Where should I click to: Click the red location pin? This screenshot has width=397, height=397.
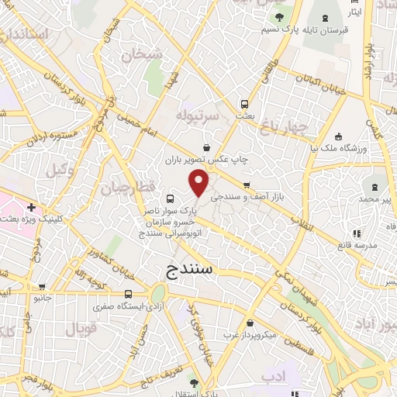pyautogui.click(x=199, y=183)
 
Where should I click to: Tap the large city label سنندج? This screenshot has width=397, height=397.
pyautogui.click(x=194, y=270)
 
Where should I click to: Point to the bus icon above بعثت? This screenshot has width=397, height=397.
pyautogui.click(x=245, y=103)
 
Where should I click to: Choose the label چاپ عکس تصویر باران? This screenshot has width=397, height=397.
pyautogui.click(x=205, y=160)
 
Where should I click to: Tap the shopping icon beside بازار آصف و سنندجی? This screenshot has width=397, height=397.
pyautogui.click(x=246, y=185)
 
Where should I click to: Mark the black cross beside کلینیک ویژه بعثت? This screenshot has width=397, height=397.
pyautogui.click(x=30, y=208)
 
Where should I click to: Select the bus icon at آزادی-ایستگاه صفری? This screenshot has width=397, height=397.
pyautogui.click(x=129, y=294)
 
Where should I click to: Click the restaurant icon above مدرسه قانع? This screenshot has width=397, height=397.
pyautogui.click(x=356, y=233)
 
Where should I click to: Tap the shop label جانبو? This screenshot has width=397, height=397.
pyautogui.click(x=42, y=298)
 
